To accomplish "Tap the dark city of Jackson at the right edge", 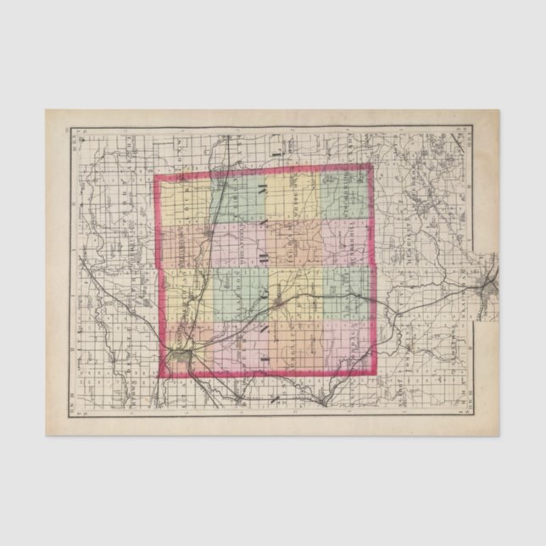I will coord(490,286).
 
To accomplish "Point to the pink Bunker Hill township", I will coord(345,246).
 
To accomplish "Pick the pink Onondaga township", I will coord(345,348).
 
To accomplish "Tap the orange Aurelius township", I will coord(292,348).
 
